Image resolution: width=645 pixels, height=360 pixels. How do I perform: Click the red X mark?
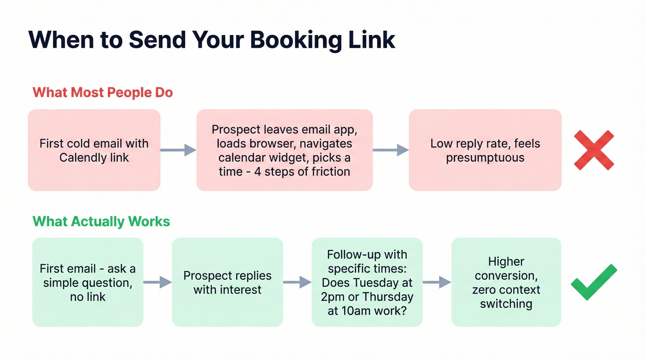click(x=594, y=150)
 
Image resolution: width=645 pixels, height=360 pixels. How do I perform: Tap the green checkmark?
click(x=593, y=282)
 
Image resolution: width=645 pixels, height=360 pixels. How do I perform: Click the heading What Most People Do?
click(x=102, y=92)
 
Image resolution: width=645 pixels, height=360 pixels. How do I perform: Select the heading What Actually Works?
click(x=101, y=221)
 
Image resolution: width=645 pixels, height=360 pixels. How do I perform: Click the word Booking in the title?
click(x=286, y=40)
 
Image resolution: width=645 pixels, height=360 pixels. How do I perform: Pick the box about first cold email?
click(x=94, y=150)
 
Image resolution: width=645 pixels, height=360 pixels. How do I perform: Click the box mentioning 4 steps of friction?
click(x=284, y=150)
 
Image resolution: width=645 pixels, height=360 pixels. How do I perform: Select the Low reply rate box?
click(x=485, y=150)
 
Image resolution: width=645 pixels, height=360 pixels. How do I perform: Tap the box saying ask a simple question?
click(x=88, y=282)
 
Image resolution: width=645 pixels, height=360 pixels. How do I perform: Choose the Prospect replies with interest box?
click(x=227, y=282)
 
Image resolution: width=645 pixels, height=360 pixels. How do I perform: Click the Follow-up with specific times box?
click(x=367, y=282)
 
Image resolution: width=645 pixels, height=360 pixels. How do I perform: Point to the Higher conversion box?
click(x=506, y=282)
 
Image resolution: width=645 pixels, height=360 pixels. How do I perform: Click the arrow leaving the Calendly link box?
click(x=178, y=150)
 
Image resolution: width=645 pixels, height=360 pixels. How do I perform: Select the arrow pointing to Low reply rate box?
click(x=391, y=150)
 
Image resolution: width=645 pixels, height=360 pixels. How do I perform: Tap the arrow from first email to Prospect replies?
click(x=158, y=282)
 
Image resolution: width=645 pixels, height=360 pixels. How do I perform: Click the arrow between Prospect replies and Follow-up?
click(x=297, y=282)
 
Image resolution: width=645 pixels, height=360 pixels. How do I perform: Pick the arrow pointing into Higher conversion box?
click(x=437, y=282)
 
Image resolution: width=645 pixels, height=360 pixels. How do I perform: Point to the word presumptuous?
click(x=485, y=158)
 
